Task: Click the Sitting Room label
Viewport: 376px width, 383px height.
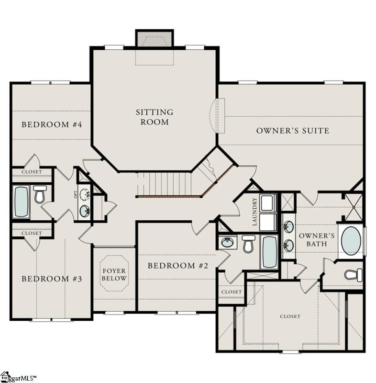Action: click(x=154, y=117)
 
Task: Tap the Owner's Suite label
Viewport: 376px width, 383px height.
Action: click(x=292, y=130)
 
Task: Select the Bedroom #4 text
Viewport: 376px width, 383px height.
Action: click(x=52, y=124)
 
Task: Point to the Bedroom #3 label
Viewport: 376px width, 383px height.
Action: click(x=52, y=279)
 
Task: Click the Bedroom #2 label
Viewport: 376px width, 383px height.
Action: click(x=177, y=266)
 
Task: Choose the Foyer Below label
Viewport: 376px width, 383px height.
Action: click(x=114, y=275)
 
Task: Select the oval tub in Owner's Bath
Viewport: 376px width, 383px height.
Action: click(x=351, y=241)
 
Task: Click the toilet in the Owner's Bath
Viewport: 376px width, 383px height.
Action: click(x=354, y=275)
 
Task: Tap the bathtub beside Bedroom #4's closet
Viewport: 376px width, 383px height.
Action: click(x=21, y=201)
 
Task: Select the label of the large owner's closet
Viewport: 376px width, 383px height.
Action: click(x=290, y=316)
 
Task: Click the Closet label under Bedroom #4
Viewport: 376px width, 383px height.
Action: click(x=32, y=171)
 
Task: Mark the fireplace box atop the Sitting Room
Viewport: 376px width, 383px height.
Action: click(x=154, y=38)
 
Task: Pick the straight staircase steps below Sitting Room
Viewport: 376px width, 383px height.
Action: click(x=167, y=184)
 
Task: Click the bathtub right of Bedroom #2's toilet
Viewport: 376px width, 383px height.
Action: click(x=269, y=251)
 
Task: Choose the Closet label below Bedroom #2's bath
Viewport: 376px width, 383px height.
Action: click(x=232, y=292)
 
